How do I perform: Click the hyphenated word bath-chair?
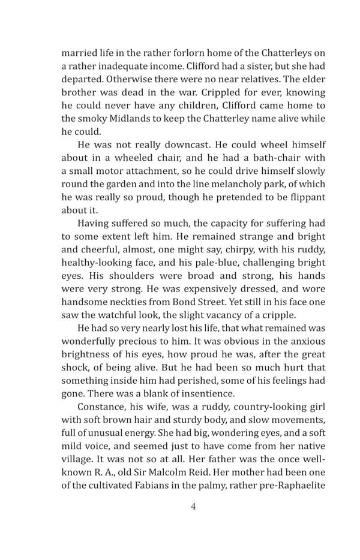(265, 160)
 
